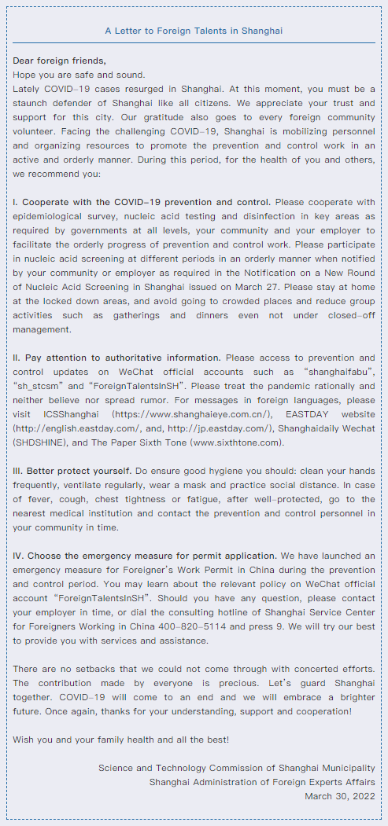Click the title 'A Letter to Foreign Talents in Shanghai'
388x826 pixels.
(x=194, y=31)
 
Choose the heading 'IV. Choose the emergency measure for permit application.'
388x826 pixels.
(x=146, y=556)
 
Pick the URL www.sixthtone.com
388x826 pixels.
(x=245, y=442)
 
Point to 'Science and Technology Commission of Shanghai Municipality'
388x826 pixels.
(x=236, y=768)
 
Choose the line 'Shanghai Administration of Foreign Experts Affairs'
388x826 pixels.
(x=262, y=782)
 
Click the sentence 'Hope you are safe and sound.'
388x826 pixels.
(x=79, y=75)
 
